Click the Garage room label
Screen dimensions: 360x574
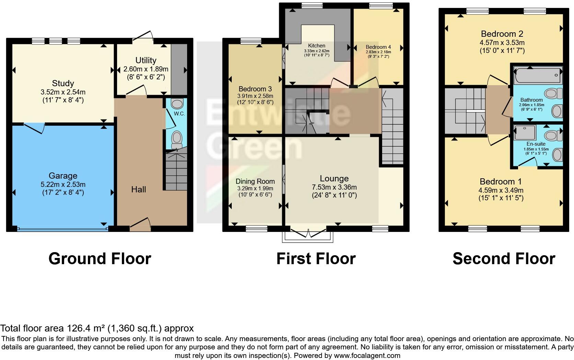point(63,176)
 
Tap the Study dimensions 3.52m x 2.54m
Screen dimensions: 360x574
point(63,92)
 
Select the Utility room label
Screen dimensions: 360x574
point(146,60)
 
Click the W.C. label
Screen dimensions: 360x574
point(179,114)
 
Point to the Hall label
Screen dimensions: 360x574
point(139,189)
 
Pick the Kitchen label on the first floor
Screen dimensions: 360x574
point(317,46)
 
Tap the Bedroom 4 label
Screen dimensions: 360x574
point(378,47)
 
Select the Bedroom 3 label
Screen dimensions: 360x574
point(255,89)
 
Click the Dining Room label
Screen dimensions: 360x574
point(255,181)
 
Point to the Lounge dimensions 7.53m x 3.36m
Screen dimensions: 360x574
point(334,187)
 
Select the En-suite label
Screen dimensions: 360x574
point(536,144)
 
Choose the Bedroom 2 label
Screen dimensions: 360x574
point(502,34)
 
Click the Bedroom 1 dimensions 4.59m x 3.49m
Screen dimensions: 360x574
point(501,190)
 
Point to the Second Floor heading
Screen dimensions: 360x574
point(504,259)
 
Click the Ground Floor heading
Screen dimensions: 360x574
point(100,259)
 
